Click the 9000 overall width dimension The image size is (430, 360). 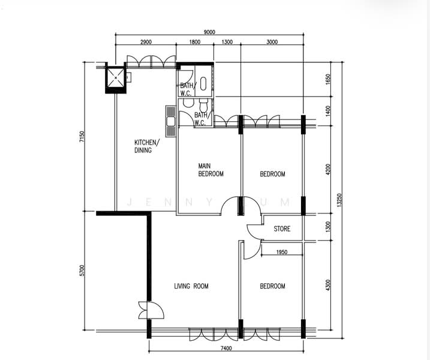coord(209,32)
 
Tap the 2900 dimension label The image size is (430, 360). coord(146,42)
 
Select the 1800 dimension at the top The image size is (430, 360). coord(195,42)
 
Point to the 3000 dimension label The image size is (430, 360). coord(272,42)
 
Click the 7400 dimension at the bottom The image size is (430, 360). coord(226,349)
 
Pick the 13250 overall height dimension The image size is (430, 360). coord(339,200)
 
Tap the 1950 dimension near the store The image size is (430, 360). coord(282,252)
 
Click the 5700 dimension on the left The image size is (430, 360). coord(82,270)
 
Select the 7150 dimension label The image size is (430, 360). coord(82,137)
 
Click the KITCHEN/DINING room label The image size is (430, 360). coord(147,146)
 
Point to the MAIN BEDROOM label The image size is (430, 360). coord(211,170)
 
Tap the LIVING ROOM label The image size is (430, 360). coord(191,286)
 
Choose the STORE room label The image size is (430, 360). coord(282,229)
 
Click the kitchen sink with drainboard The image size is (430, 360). coord(170,121)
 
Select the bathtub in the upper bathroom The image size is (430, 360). coord(203,83)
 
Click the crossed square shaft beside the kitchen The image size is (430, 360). coord(116,78)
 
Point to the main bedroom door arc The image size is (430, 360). coord(229,205)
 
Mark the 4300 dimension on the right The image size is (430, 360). coord(327,286)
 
